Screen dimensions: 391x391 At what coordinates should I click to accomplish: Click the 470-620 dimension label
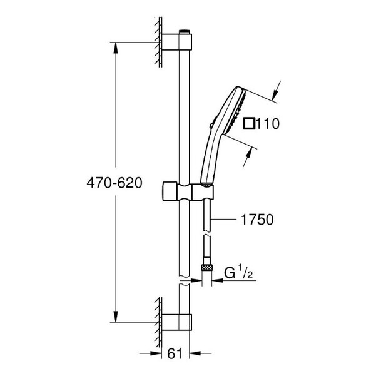pyautogui.click(x=114, y=183)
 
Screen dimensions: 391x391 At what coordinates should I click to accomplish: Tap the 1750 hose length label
pyautogui.click(x=257, y=220)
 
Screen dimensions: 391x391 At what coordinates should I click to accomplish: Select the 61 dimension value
pyautogui.click(x=175, y=353)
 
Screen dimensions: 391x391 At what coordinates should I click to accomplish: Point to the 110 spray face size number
pyautogui.click(x=268, y=124)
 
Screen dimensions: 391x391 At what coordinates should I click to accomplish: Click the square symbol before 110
pyautogui.click(x=249, y=124)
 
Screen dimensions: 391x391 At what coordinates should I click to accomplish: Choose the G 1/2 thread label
pyautogui.click(x=238, y=272)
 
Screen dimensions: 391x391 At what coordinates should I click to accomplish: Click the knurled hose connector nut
pyautogui.click(x=207, y=268)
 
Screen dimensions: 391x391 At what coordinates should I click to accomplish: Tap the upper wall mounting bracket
pyautogui.click(x=176, y=42)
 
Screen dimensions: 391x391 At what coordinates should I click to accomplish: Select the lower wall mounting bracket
pyautogui.click(x=176, y=322)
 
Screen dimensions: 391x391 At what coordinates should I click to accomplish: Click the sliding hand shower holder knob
pyautogui.click(x=170, y=191)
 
